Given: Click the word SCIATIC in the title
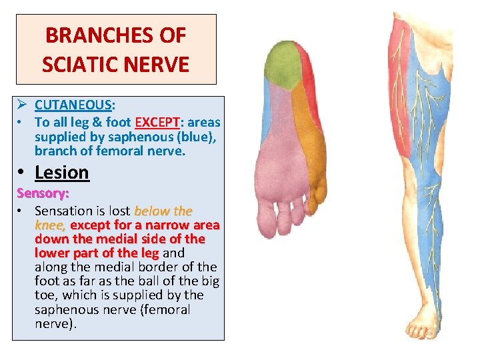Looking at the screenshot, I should (74, 64).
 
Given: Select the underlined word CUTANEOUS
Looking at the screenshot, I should (73, 105).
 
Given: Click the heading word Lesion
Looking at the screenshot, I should (61, 173).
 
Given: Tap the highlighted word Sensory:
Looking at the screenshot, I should (43, 194).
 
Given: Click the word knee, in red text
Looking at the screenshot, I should (50, 225).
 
